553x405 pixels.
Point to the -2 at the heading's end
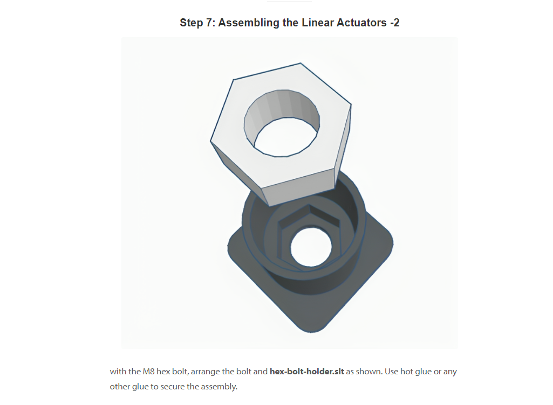tap(394, 23)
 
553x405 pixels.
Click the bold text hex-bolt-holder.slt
tap(307, 372)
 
